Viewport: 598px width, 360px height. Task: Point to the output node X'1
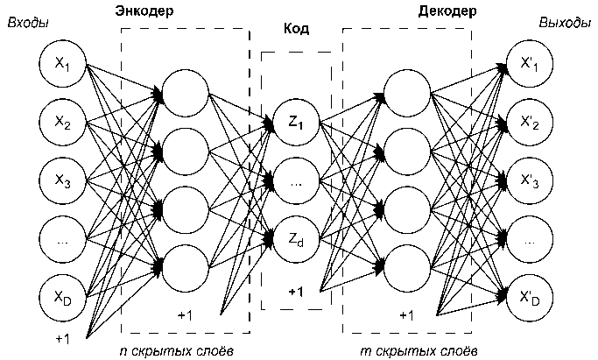click(531, 65)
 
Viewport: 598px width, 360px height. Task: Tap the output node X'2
click(531, 122)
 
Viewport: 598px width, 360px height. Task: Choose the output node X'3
click(531, 180)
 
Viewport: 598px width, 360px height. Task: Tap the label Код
click(297, 29)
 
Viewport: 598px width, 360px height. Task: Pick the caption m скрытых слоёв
click(408, 351)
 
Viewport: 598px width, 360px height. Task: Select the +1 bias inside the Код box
click(295, 291)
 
